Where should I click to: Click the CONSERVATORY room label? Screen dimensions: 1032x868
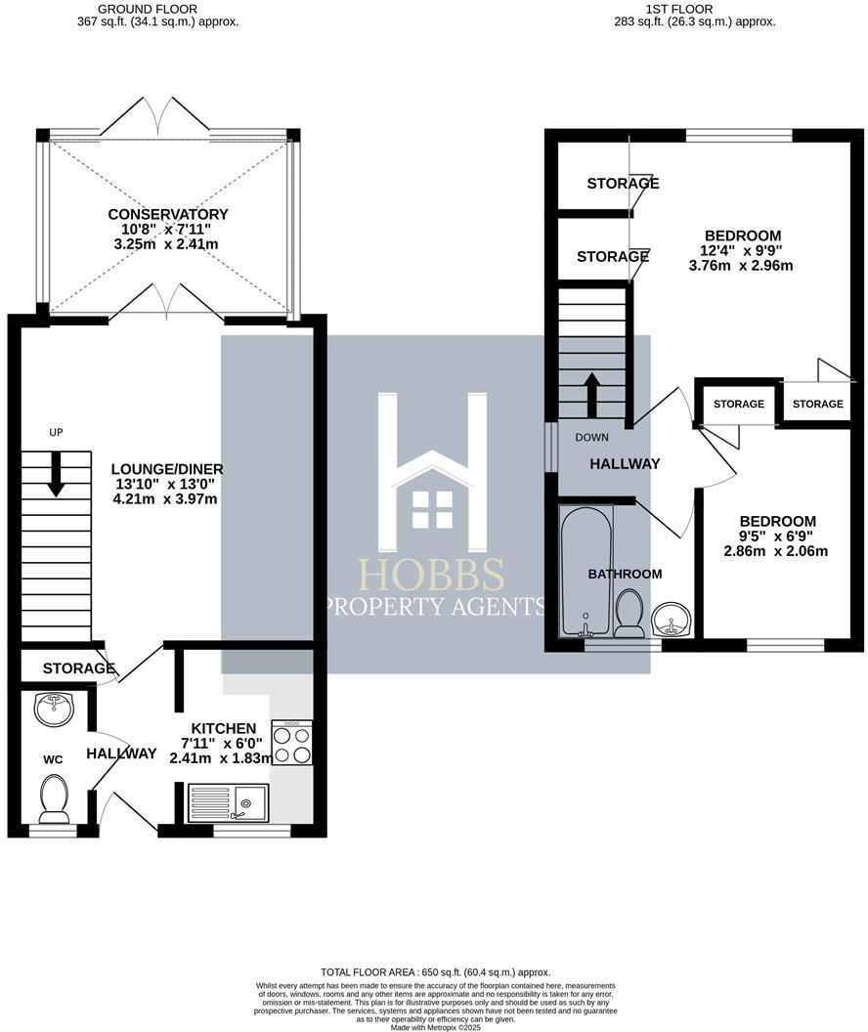[168, 214]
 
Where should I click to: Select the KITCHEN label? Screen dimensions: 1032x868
[224, 728]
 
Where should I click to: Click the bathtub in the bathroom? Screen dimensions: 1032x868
[585, 571]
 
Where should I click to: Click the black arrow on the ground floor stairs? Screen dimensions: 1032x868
[56, 474]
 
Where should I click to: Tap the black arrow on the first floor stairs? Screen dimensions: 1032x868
[591, 388]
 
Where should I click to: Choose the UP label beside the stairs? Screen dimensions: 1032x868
[56, 432]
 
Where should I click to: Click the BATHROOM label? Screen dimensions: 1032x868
[626, 574]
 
